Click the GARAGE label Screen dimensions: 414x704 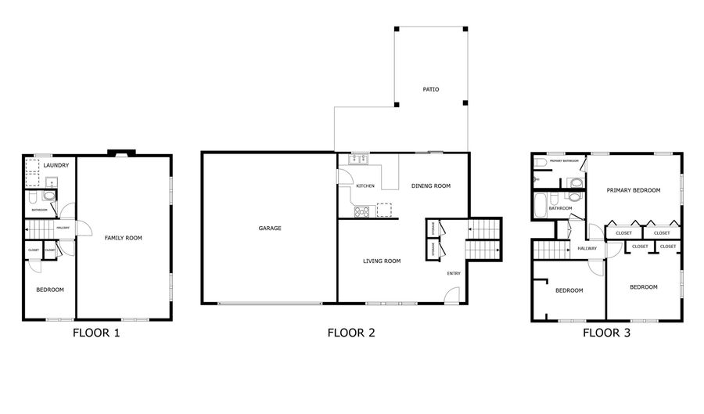(x=270, y=229)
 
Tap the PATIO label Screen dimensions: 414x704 (x=430, y=89)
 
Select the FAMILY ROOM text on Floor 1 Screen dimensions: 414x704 (x=124, y=237)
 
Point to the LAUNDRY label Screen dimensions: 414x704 (x=56, y=165)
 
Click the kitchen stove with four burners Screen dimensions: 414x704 (x=361, y=211)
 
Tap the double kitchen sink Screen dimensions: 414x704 (x=359, y=159)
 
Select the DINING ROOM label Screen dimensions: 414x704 (x=431, y=185)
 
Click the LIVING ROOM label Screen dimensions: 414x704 (x=382, y=261)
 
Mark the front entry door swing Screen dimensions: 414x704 (x=451, y=295)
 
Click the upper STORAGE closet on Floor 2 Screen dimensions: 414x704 (x=433, y=228)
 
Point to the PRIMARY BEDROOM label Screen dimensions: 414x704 (x=633, y=190)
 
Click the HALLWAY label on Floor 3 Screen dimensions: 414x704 (x=587, y=248)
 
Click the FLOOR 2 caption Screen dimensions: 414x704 (x=351, y=333)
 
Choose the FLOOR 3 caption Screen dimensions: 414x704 (x=606, y=333)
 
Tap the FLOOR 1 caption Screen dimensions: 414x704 (x=96, y=333)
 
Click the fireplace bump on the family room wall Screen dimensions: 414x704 (x=122, y=153)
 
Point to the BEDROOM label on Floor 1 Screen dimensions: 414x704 (x=50, y=290)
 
